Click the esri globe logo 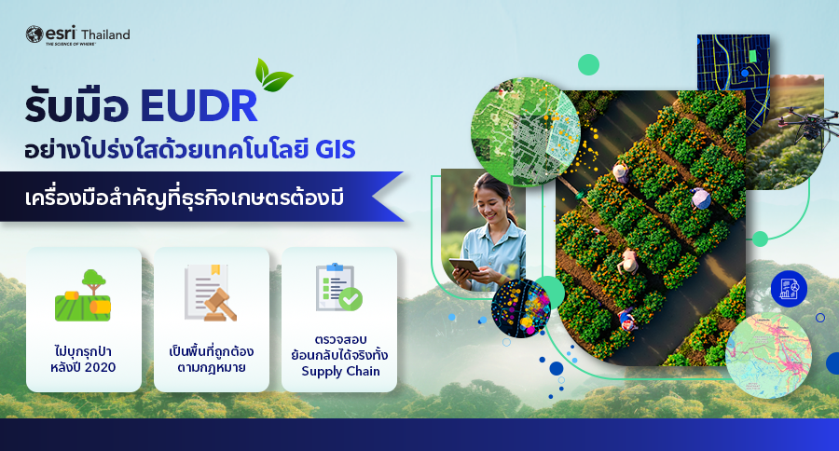[34, 34]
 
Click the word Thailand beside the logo [105, 34]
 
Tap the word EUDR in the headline [199, 106]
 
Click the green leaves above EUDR [273, 75]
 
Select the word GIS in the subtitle [335, 150]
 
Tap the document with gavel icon [211, 293]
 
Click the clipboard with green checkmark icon [338, 287]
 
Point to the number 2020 [100, 367]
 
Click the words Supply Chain [340, 371]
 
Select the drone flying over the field [806, 122]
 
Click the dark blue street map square [733, 63]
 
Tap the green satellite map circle [526, 131]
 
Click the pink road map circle [768, 356]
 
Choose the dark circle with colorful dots [521, 308]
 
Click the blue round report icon [789, 289]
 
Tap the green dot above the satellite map [588, 64]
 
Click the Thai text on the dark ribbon [184, 198]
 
